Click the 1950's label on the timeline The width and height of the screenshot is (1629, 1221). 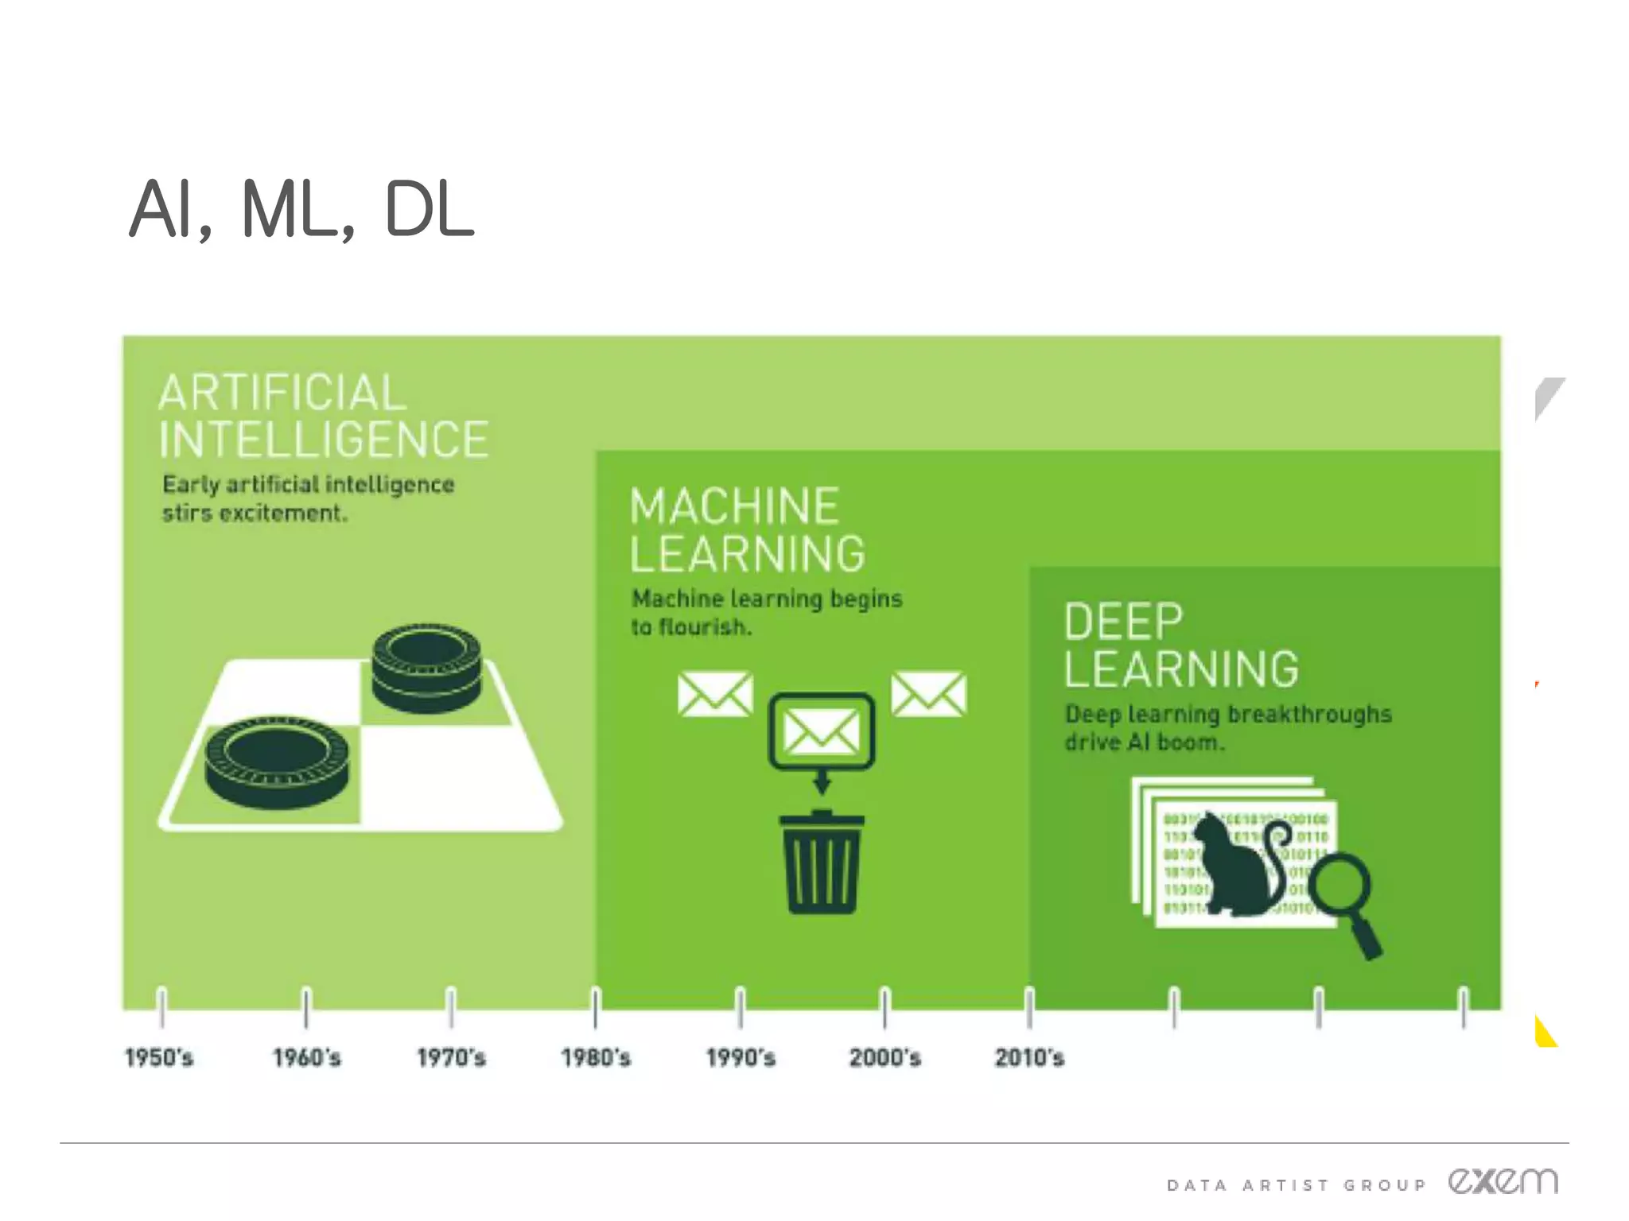[x=159, y=1057]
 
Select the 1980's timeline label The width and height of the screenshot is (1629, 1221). [x=596, y=1057]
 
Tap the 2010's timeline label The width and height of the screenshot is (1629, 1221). [x=1029, y=1057]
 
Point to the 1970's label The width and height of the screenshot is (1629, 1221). [x=451, y=1057]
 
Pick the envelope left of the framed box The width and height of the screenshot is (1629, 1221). [x=715, y=694]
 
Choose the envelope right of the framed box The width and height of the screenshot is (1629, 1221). [x=929, y=694]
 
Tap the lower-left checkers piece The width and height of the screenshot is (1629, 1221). [x=277, y=761]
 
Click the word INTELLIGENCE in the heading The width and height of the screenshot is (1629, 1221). [x=324, y=440]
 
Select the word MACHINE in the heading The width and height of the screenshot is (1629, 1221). [x=735, y=506]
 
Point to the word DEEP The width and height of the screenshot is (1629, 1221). [x=1124, y=621]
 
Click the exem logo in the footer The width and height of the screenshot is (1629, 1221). [x=1503, y=1181]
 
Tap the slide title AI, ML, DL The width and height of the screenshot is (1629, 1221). [x=302, y=208]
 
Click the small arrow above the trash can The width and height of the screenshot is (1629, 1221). [x=822, y=783]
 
